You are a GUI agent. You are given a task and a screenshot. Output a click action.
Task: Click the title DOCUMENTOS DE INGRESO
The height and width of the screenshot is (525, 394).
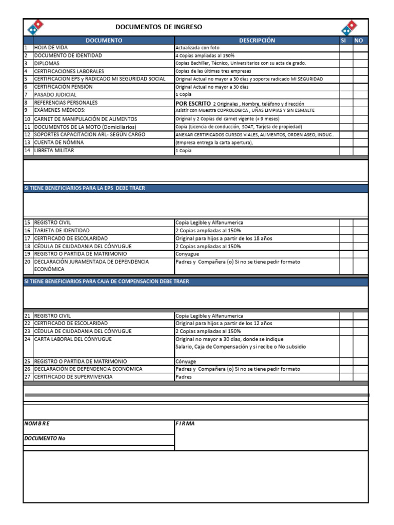[x=159, y=27]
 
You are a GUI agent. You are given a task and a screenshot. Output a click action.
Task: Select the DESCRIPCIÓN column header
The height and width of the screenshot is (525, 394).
[x=257, y=41]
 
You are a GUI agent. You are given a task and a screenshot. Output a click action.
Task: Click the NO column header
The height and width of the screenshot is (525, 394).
[x=359, y=41]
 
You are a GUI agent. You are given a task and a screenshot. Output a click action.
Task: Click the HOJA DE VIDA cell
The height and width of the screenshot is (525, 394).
[x=51, y=48]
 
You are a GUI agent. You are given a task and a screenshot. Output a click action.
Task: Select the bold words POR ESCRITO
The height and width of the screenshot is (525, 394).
[x=193, y=103]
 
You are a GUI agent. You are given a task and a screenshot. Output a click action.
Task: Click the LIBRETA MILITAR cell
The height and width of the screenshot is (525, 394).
[x=54, y=150]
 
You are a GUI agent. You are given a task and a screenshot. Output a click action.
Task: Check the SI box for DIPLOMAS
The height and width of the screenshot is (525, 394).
[x=345, y=64]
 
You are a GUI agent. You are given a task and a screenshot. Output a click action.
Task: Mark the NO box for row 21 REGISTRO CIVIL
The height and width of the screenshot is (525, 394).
[x=360, y=316]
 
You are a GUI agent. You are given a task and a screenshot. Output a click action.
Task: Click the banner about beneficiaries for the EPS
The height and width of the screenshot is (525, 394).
[x=85, y=188]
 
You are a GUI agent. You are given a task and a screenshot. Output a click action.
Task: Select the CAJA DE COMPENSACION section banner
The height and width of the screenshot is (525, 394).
[x=107, y=281]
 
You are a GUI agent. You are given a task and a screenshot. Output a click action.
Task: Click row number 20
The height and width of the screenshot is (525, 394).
[x=28, y=262]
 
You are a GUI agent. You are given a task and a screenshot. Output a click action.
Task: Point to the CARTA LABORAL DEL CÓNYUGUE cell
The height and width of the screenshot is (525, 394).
[x=72, y=339]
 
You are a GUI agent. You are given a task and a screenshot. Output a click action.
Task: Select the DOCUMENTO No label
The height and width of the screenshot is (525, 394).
[x=45, y=439]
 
